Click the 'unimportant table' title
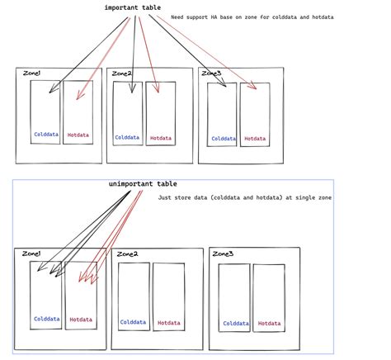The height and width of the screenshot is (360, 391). click(x=142, y=183)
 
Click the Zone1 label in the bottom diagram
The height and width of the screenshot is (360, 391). click(x=31, y=253)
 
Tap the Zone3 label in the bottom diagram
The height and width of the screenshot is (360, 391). click(x=223, y=253)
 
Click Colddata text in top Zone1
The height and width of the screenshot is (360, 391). click(x=45, y=135)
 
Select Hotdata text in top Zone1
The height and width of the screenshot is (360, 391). click(x=78, y=135)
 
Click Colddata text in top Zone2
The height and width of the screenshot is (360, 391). click(x=128, y=138)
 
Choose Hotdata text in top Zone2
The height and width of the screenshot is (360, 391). click(x=161, y=138)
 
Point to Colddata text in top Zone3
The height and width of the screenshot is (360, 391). click(x=222, y=139)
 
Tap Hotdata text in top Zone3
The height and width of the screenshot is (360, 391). click(x=255, y=139)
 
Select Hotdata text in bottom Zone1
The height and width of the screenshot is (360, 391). click(x=81, y=319)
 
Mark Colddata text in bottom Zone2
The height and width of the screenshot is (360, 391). click(x=134, y=322)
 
